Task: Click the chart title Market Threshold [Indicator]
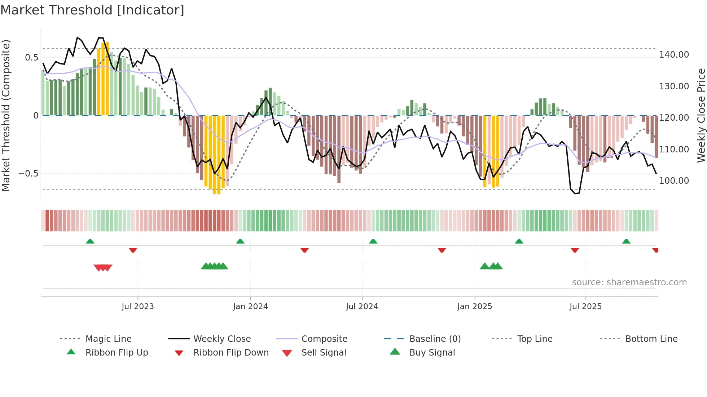tap(92, 10)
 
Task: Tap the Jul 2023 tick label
tap(137, 307)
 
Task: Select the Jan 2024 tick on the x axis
tap(250, 307)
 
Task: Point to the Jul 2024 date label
tap(362, 307)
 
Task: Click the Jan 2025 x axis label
tap(474, 307)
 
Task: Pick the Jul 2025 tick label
tap(585, 307)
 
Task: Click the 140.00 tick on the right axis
tap(674, 55)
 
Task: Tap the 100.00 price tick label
tap(674, 181)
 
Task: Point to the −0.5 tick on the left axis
tap(28, 174)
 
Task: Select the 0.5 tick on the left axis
tap(32, 58)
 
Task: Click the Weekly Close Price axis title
tap(701, 115)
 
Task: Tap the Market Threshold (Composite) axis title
tap(6, 115)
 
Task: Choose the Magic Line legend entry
tap(108, 339)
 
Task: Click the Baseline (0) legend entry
tap(435, 339)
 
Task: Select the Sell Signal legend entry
tap(323, 353)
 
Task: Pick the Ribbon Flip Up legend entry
tap(117, 353)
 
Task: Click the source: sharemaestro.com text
tap(629, 282)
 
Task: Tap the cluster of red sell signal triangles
tap(103, 268)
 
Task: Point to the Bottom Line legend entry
tap(651, 339)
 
